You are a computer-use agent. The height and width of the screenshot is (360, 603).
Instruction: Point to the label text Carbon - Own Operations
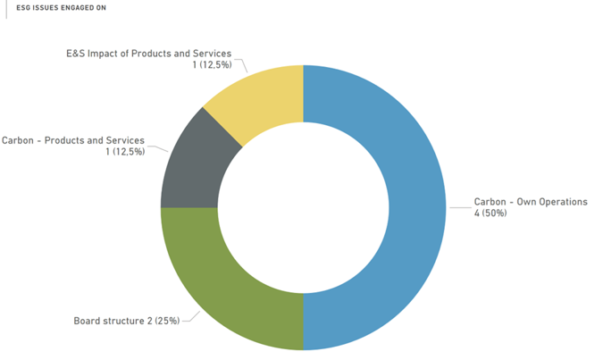tap(531, 202)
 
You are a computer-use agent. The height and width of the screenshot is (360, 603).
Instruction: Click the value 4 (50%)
tap(490, 213)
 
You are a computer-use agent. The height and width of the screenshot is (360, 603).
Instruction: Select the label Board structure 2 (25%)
tap(126, 320)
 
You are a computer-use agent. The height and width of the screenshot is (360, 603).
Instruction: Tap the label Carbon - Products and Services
tap(73, 140)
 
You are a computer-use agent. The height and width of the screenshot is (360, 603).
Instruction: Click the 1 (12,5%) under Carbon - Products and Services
tap(124, 152)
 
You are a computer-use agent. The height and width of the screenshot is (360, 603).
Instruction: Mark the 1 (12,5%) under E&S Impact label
tap(212, 65)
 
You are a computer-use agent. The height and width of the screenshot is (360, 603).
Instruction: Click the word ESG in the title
tap(24, 7)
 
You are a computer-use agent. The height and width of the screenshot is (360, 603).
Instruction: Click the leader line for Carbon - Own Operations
tap(459, 206)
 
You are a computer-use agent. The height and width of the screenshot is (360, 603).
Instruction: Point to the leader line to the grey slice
tap(159, 145)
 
